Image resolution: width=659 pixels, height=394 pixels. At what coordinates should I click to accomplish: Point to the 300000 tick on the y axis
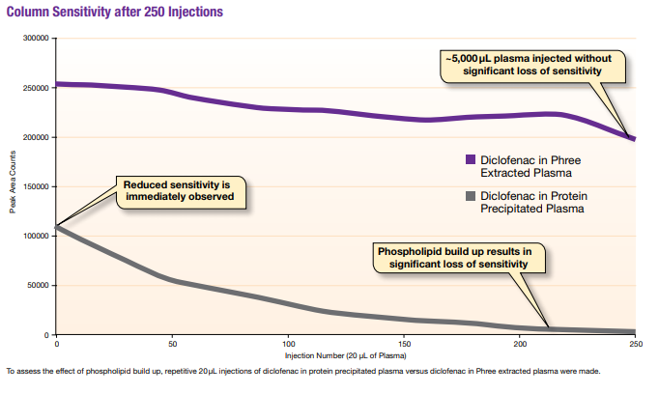tap(36, 39)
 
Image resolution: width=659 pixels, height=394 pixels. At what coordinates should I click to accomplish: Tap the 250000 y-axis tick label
tap(36, 88)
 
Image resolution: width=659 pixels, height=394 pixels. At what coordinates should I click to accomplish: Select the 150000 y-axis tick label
tap(36, 186)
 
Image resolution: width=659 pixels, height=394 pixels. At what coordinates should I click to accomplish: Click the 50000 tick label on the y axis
tap(38, 285)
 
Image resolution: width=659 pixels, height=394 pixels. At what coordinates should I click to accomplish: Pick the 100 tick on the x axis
tap(288, 344)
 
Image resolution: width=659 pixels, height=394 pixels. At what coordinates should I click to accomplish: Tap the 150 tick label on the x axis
tap(404, 344)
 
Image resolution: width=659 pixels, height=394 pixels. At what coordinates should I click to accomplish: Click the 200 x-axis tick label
tap(520, 344)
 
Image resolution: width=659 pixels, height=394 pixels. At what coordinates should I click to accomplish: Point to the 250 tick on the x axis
tap(635, 344)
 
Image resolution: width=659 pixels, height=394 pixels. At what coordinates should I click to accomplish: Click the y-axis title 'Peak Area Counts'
tap(14, 186)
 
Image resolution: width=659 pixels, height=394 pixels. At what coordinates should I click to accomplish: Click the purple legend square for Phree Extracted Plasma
tap(470, 160)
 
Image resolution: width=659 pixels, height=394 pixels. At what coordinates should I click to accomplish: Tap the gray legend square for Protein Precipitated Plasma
tap(470, 196)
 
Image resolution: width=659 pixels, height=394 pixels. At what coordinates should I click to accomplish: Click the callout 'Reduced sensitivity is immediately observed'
tap(179, 191)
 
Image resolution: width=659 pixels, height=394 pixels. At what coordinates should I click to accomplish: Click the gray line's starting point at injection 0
tap(57, 228)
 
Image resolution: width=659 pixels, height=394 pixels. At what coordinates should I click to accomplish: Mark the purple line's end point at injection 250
tap(634, 139)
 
